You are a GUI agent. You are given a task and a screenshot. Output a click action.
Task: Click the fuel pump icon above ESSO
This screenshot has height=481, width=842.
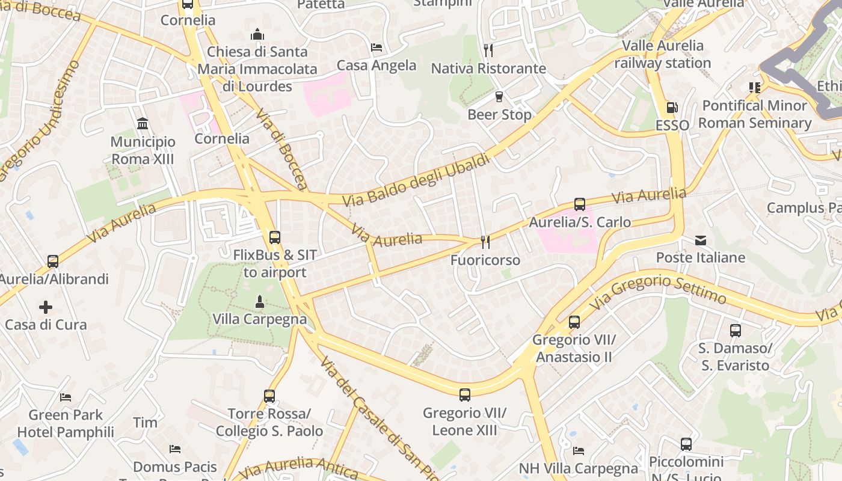672,108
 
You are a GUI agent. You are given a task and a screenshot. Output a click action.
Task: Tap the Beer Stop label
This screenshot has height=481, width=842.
499,114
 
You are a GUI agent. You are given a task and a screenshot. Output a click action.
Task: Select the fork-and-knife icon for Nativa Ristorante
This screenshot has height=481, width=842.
488,50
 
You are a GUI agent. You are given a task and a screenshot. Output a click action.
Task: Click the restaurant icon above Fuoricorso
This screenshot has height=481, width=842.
485,242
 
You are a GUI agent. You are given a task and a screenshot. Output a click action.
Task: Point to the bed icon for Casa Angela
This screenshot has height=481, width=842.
376,47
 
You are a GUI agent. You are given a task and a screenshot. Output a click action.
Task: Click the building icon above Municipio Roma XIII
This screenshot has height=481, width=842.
143,124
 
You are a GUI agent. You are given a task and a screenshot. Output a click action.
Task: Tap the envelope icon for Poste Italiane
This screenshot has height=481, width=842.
701,240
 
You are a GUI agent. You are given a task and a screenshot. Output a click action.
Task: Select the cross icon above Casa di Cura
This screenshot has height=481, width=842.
46,307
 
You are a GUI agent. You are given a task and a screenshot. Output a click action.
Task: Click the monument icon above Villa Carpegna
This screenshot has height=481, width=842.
260,302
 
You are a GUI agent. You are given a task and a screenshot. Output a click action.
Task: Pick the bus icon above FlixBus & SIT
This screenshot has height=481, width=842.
275,237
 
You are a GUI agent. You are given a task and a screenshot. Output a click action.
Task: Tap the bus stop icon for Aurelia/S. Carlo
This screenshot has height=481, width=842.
580,204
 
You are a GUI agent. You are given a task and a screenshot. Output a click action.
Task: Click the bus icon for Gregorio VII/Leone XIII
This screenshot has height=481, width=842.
465,395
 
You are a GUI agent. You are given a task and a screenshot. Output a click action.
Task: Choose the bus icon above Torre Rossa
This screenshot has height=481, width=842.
269,396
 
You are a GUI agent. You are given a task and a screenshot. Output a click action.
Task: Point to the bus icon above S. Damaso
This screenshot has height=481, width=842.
735,331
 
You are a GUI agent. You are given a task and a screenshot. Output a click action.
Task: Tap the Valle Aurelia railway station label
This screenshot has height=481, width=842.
662,54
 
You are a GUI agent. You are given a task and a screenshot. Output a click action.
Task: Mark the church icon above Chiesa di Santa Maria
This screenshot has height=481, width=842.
257,34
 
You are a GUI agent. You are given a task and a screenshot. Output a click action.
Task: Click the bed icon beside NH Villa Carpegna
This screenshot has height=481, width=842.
579,450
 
